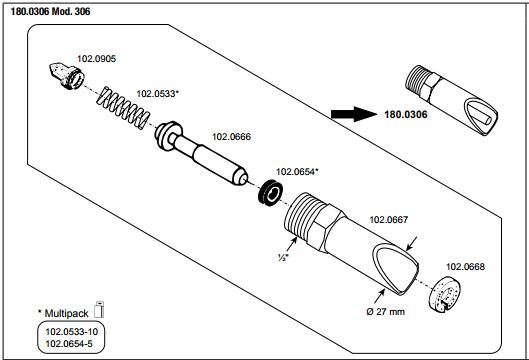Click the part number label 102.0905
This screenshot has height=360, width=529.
click(x=96, y=59)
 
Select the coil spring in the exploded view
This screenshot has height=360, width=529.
click(x=123, y=108)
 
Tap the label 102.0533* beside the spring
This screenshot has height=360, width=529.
click(x=157, y=93)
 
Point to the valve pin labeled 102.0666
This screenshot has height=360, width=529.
click(x=201, y=154)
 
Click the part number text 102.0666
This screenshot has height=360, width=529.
click(x=231, y=137)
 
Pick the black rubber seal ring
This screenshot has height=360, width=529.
click(x=271, y=193)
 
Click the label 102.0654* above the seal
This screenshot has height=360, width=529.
click(x=297, y=172)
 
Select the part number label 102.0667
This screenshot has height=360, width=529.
click(x=389, y=220)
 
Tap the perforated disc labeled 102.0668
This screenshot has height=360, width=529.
click(x=445, y=294)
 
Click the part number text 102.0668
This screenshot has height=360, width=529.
click(x=465, y=267)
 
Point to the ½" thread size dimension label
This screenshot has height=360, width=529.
click(x=283, y=257)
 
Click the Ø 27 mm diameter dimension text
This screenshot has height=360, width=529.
click(x=385, y=311)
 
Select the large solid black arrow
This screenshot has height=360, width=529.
click(x=354, y=114)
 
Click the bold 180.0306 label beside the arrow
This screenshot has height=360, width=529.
click(x=406, y=115)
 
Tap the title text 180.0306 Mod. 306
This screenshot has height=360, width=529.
click(x=51, y=11)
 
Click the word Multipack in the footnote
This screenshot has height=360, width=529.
click(x=66, y=313)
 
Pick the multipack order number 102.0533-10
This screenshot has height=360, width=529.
click(x=72, y=332)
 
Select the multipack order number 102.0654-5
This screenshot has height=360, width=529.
click(x=69, y=344)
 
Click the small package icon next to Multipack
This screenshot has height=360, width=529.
click(x=99, y=309)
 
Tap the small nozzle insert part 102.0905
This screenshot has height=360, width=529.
click(x=66, y=76)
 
